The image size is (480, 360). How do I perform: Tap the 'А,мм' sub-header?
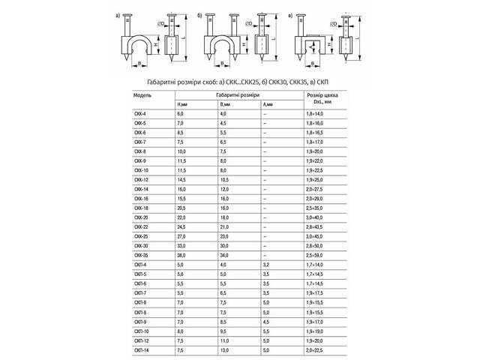pos(268,104)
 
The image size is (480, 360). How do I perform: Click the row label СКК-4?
pos(139,112)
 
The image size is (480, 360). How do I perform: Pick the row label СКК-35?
pos(141,255)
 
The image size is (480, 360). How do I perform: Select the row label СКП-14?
pos(141,349)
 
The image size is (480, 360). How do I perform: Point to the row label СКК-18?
pos(141,207)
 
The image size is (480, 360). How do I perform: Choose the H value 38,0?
pos(181,255)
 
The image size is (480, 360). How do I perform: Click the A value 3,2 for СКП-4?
pos(266,264)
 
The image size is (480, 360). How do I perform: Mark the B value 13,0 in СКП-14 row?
pos(224,349)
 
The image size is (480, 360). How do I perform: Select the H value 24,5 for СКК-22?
pos(181,226)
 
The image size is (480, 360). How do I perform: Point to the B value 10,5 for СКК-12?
pos(224,179)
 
